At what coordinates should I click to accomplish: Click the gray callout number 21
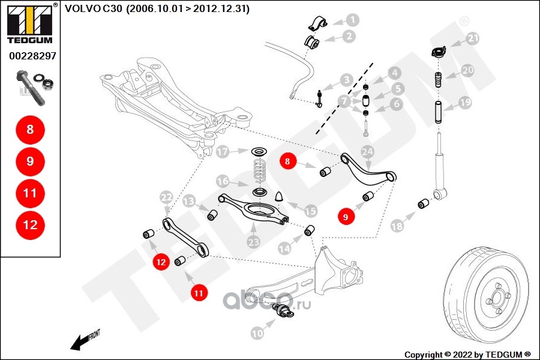473,39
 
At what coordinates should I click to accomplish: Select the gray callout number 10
257,332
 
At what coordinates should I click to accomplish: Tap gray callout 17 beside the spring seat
223,152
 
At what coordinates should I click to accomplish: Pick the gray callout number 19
466,103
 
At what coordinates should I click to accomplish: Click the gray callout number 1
352,20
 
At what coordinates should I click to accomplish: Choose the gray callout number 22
166,197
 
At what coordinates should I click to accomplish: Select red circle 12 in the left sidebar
30,225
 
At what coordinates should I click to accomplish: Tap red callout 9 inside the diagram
346,217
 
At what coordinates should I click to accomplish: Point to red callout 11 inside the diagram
199,292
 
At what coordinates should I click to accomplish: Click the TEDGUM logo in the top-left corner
29,22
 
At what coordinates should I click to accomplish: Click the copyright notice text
468,354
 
